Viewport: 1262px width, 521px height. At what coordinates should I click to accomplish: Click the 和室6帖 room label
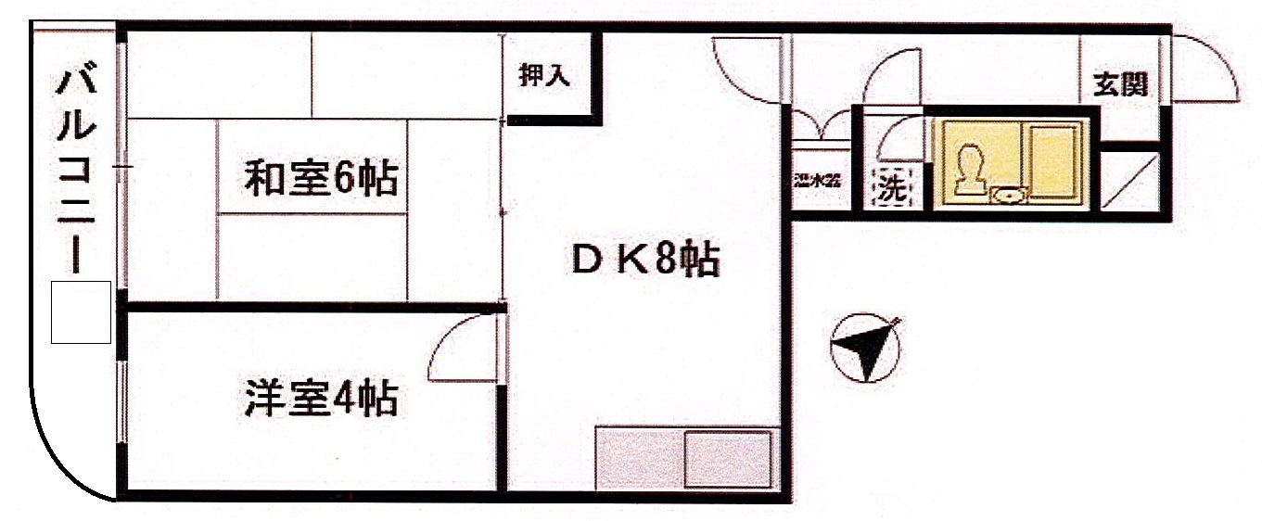[x=321, y=178]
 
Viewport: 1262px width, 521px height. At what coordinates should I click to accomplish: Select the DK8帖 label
[x=644, y=261]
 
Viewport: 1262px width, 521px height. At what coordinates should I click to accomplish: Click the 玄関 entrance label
[x=1120, y=84]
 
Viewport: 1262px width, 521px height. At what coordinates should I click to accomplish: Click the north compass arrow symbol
[x=866, y=349]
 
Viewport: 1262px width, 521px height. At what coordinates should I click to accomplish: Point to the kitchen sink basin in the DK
[x=728, y=458]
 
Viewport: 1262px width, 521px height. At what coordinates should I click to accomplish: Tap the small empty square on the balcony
[x=81, y=312]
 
